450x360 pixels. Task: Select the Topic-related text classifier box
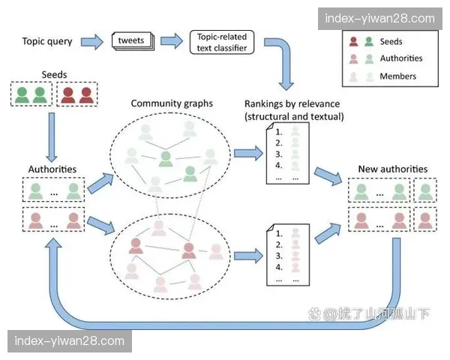pos(222,41)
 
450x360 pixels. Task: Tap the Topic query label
pos(47,41)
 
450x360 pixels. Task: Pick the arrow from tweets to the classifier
pos(172,41)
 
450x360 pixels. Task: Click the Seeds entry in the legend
pos(391,42)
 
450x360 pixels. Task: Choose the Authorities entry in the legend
pos(400,58)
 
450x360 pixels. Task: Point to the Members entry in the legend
pos(397,76)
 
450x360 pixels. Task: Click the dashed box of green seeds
pos(31,94)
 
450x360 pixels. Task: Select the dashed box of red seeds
pos(77,94)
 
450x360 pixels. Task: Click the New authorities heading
pos(392,169)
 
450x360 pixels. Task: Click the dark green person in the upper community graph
pos(166,158)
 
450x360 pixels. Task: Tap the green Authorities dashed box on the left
pos(53,192)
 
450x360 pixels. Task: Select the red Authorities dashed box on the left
pos(53,220)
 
